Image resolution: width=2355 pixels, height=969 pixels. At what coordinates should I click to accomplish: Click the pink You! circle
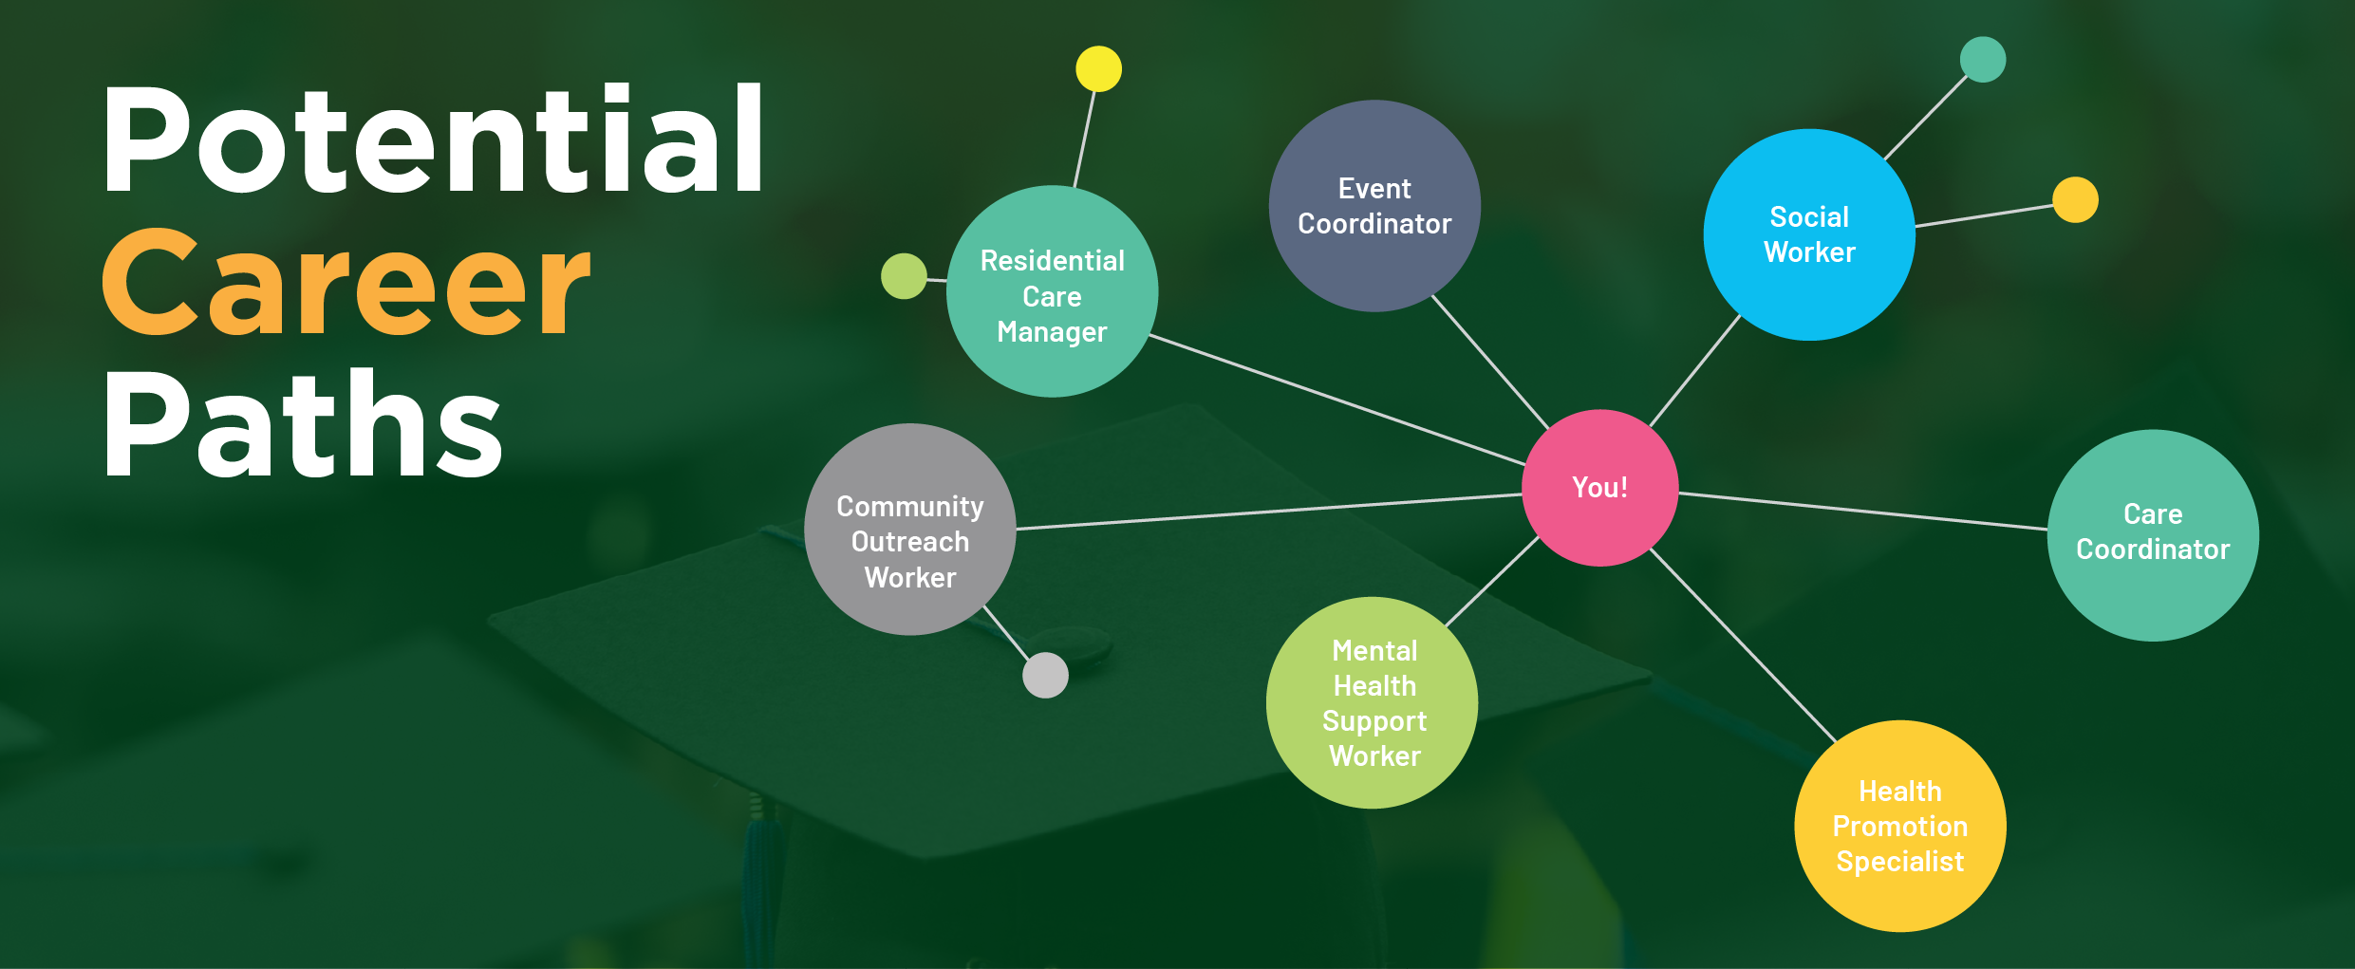(1599, 488)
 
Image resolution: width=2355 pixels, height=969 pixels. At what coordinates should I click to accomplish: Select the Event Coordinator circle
(1374, 206)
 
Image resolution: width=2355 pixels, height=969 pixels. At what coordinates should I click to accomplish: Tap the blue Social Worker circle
(1808, 234)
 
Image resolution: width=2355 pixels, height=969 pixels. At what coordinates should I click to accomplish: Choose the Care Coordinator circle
(2152, 534)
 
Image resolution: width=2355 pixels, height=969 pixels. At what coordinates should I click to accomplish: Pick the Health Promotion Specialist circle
(1899, 826)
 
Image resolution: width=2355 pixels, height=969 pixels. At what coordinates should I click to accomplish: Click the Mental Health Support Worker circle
(1372, 702)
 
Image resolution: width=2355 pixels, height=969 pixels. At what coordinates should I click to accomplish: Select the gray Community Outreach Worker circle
(909, 530)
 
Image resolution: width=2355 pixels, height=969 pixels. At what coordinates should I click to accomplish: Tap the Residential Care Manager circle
(1052, 291)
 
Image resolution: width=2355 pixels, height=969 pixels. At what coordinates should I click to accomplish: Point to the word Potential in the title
(432, 140)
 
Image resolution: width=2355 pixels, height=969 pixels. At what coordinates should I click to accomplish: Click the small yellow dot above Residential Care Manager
(1098, 69)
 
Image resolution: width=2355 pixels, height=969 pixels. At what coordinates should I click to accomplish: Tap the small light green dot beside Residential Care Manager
(903, 276)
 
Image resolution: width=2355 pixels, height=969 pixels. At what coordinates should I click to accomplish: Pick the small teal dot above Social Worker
(1982, 60)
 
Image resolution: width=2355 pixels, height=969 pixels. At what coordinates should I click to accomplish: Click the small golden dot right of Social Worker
(2075, 199)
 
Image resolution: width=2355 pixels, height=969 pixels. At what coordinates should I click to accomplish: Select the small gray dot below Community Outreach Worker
(1045, 675)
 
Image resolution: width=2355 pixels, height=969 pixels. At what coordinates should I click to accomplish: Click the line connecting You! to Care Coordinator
(1860, 511)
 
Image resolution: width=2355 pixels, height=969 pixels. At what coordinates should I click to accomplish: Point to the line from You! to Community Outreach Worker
(1272, 512)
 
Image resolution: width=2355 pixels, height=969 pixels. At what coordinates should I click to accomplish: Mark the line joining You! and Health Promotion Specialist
(1743, 643)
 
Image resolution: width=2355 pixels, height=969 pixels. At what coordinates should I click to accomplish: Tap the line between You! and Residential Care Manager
(1338, 401)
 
